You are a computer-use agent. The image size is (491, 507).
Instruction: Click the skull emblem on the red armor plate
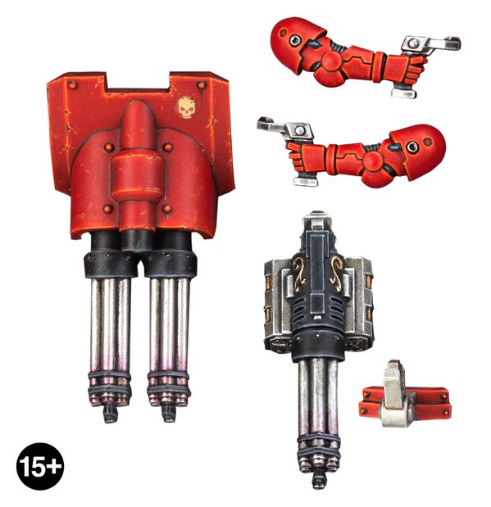click(x=186, y=107)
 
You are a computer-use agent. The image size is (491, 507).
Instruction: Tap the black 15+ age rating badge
click(x=40, y=466)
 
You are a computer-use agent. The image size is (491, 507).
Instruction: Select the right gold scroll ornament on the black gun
click(x=336, y=274)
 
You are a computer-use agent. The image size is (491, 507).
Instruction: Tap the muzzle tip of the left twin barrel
click(x=110, y=414)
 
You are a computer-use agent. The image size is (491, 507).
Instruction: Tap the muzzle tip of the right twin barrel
click(x=169, y=414)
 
